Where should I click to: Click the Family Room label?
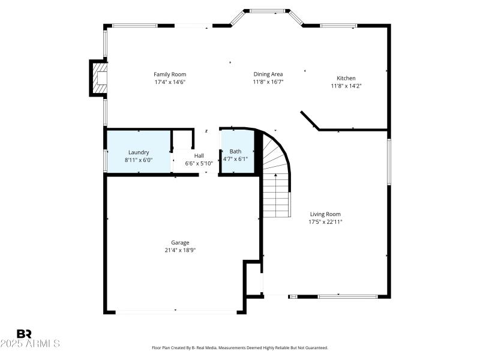click(x=170, y=74)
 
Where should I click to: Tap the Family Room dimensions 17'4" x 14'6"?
click(x=170, y=82)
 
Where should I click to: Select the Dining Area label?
click(x=268, y=74)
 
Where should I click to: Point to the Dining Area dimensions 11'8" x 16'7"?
click(x=268, y=82)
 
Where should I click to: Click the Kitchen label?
click(x=346, y=78)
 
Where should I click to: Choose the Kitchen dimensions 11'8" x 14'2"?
click(x=346, y=86)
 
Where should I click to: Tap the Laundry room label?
click(x=139, y=152)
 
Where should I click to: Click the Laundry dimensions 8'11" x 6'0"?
click(x=139, y=160)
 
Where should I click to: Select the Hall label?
click(x=199, y=156)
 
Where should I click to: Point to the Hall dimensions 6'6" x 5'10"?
click(x=199, y=164)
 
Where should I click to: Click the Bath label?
click(x=235, y=152)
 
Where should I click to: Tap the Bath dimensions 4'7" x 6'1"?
click(x=235, y=160)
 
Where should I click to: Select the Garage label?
click(x=180, y=242)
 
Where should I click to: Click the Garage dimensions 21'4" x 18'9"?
click(x=180, y=250)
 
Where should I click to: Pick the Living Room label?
click(x=325, y=214)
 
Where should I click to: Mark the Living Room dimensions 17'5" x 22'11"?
click(x=325, y=222)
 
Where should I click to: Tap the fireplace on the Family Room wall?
click(x=99, y=78)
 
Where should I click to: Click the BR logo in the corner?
click(x=24, y=334)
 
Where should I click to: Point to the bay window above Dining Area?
click(x=267, y=11)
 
